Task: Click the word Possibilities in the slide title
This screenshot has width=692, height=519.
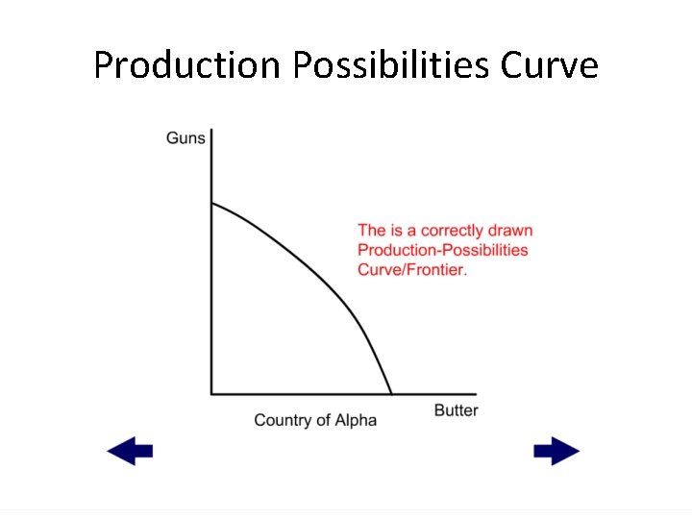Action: pyautogui.click(x=394, y=65)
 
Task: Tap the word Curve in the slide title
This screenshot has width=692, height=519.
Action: pyautogui.click(x=552, y=65)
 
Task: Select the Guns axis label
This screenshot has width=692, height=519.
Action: pyautogui.click(x=185, y=137)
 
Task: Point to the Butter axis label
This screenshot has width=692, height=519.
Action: pyautogui.click(x=456, y=410)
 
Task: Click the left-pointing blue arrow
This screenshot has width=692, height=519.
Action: pyautogui.click(x=130, y=451)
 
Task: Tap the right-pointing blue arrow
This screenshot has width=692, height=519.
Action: pyautogui.click(x=556, y=451)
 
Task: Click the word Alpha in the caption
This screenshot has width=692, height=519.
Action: pyautogui.click(x=356, y=420)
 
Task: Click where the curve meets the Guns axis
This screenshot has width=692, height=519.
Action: pyautogui.click(x=211, y=203)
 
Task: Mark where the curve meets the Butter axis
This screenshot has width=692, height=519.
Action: pyautogui.click(x=391, y=393)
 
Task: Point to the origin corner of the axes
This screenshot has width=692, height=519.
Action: pyautogui.click(x=211, y=393)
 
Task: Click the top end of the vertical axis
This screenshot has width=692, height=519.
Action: pyautogui.click(x=211, y=129)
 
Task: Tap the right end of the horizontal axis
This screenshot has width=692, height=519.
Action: pyautogui.click(x=475, y=393)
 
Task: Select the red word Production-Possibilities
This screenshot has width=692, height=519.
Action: pyautogui.click(x=442, y=250)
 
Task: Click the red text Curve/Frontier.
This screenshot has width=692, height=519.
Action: pyautogui.click(x=412, y=270)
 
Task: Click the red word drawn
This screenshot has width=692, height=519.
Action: pyautogui.click(x=512, y=231)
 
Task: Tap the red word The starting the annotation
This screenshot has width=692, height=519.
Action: pyautogui.click(x=371, y=231)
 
